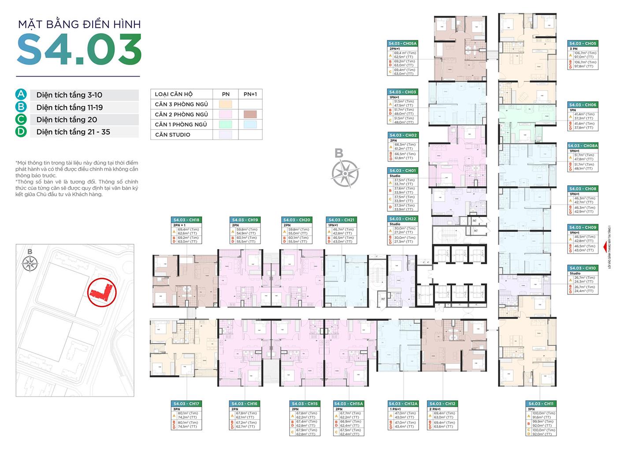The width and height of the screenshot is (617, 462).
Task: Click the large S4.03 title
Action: point(79,49)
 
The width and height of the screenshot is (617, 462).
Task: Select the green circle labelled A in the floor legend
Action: point(21,95)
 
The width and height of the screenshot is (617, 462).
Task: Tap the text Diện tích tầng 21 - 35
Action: point(73,132)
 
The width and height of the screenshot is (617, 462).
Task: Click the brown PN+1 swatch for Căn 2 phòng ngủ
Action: point(250,114)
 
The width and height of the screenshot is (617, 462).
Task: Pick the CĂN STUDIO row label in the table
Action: point(173,135)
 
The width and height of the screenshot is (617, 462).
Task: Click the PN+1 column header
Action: point(250,94)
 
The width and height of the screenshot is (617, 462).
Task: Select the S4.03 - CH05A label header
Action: point(402,44)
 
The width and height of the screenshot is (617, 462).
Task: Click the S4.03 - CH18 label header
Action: point(186,220)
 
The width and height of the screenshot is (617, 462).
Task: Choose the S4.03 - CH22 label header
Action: point(402,219)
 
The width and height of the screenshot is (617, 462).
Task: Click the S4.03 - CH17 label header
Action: point(186,403)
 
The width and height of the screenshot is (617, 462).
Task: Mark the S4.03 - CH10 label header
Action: point(582,268)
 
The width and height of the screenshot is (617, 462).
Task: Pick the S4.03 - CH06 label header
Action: point(582,105)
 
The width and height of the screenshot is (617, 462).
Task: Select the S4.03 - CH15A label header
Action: point(348,403)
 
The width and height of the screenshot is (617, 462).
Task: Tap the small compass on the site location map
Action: point(30,263)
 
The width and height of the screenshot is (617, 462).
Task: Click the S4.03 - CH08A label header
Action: point(582,146)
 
